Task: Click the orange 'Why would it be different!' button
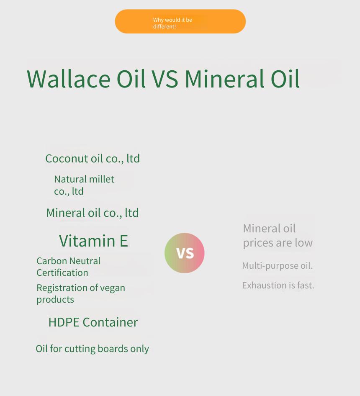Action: pyautogui.click(x=180, y=21)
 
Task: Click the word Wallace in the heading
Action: pyautogui.click(x=69, y=79)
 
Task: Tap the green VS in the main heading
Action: pyautogui.click(x=165, y=79)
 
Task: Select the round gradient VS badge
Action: pyautogui.click(x=185, y=253)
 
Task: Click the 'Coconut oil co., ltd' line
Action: pyautogui.click(x=93, y=159)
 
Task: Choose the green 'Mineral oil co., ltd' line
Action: pyautogui.click(x=93, y=213)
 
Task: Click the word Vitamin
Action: pyautogui.click(x=87, y=241)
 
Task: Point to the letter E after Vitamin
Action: pyautogui.click(x=124, y=241)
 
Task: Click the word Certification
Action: pyautogui.click(x=62, y=273)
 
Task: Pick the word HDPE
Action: pyautogui.click(x=64, y=322)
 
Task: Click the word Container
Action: pyautogui.click(x=110, y=322)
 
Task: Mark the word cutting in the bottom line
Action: pyautogui.click(x=80, y=349)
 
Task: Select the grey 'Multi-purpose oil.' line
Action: pyautogui.click(x=278, y=266)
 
